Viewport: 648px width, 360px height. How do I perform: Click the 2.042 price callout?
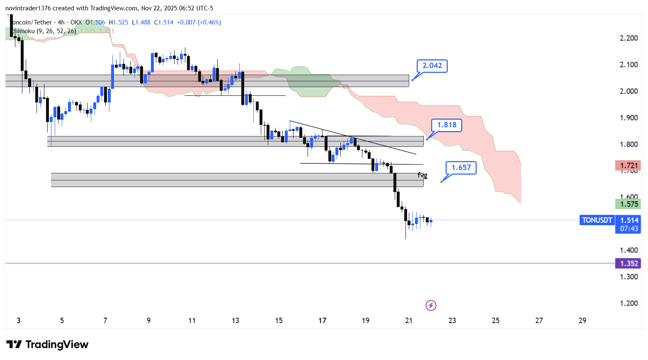coord(432,66)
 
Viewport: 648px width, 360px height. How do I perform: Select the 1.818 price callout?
coord(447,125)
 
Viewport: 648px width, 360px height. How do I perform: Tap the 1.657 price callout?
coord(461,168)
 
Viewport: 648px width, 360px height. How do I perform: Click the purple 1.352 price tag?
coord(629,264)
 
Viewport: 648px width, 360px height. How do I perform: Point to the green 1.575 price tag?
coord(629,204)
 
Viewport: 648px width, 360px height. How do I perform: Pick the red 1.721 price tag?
coord(629,166)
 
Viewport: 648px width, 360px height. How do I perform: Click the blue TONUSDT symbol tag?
coord(597,221)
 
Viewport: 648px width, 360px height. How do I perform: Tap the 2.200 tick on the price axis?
coord(629,39)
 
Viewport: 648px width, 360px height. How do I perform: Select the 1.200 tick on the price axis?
coord(629,304)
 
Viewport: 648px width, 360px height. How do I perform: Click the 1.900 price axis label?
coord(629,118)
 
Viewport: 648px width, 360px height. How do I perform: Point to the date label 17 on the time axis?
coord(322,321)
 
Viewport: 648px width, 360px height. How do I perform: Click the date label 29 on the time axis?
coord(582,321)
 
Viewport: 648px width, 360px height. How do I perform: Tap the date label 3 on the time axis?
coord(19,321)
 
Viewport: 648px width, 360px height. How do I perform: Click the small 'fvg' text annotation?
coord(422,175)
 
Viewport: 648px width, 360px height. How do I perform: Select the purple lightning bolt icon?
coord(431,306)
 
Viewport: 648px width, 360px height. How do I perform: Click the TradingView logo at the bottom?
coord(47,345)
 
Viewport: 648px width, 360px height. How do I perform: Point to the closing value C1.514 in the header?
coord(164,22)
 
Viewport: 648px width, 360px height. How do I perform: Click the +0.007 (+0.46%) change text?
coord(199,22)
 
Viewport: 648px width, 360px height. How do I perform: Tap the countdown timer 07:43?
coord(629,229)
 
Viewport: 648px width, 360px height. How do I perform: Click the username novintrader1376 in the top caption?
coord(28,8)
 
